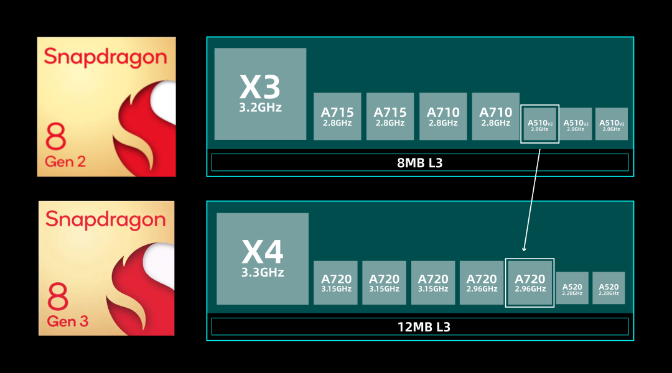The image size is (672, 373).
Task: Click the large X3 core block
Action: pyautogui.click(x=260, y=93)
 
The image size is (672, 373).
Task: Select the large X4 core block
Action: pyautogui.click(x=263, y=258)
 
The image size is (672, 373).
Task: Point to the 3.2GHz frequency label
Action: pyautogui.click(x=261, y=108)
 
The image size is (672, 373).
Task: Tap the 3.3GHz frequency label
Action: pyautogui.click(x=263, y=272)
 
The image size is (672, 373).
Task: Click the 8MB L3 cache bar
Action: pyautogui.click(x=420, y=162)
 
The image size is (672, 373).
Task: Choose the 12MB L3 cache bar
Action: pyautogui.click(x=420, y=326)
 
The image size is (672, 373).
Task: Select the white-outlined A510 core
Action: pyautogui.click(x=539, y=124)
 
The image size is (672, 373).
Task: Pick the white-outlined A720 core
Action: pyautogui.click(x=530, y=282)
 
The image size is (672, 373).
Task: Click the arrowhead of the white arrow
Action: pyautogui.click(x=524, y=248)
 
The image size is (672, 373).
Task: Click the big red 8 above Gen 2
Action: pyautogui.click(x=56, y=137)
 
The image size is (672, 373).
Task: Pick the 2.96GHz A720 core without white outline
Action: pyautogui.click(x=482, y=282)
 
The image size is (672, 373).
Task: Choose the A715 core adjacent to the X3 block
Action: pyautogui.click(x=337, y=116)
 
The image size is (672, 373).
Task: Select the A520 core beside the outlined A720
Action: pyautogui.click(x=572, y=288)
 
